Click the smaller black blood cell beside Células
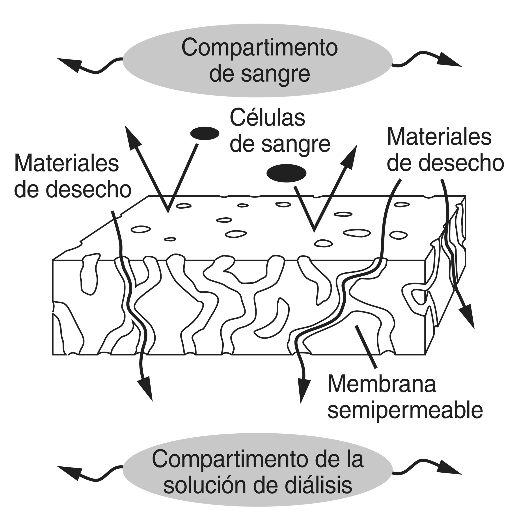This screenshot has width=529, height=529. click(205, 133)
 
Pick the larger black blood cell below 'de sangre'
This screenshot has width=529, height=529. click(286, 173)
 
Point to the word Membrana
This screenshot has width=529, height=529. click(382, 384)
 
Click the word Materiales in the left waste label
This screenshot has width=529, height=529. click(67, 164)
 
